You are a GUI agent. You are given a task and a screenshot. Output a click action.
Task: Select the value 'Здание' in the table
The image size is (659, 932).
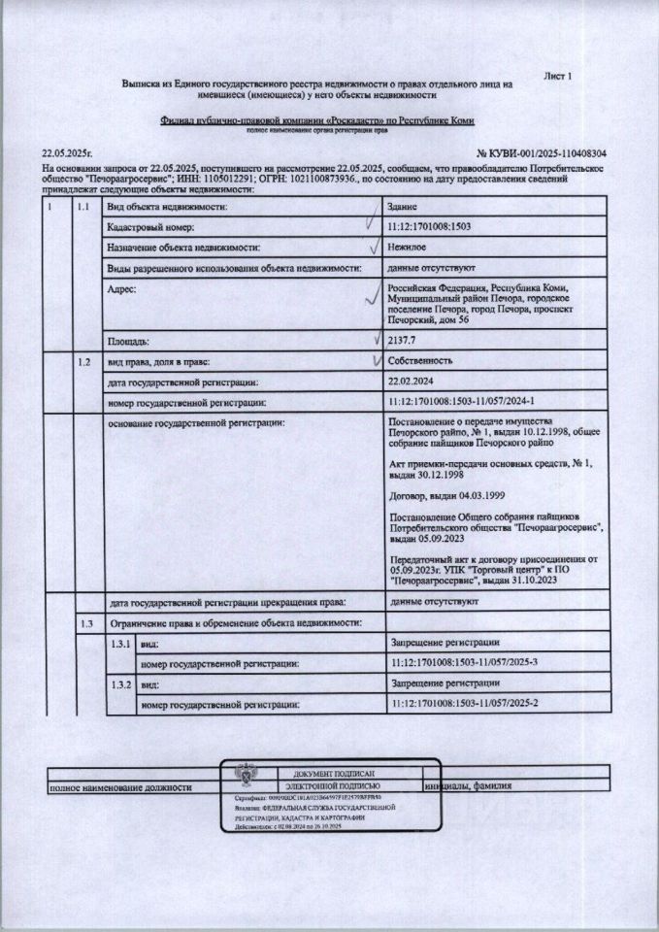[402, 208]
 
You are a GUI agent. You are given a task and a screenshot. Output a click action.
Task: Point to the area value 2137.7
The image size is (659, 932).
[402, 342]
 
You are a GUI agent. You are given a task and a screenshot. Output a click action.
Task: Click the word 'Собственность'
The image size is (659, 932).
[418, 361]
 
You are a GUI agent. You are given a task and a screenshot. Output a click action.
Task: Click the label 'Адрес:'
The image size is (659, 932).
[121, 289]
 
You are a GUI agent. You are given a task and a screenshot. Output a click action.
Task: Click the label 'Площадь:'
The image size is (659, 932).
[127, 342]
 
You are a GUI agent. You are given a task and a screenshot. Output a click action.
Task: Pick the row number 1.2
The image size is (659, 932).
[84, 361]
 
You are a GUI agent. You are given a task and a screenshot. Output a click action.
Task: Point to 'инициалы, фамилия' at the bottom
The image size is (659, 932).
[470, 786]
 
